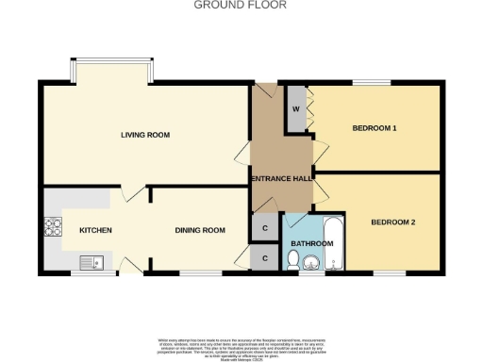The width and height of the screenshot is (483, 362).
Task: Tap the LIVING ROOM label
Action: click(145, 135)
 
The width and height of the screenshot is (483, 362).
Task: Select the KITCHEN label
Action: click(95, 230)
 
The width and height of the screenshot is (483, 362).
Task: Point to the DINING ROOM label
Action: click(200, 230)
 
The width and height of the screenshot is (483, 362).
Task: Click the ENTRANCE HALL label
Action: click(282, 179)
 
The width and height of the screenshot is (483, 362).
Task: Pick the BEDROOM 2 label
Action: click(392, 222)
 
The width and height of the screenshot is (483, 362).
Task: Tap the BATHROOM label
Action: click(311, 243)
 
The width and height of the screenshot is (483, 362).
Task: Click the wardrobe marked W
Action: click(295, 108)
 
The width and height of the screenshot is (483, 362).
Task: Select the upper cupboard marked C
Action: click(265, 228)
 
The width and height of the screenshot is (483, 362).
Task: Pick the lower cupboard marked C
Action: click(265, 257)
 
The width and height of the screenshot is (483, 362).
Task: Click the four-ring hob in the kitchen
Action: click(51, 227)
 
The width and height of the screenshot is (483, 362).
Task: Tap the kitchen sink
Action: click(92, 263)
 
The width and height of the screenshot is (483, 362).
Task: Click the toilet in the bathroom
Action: click(294, 267)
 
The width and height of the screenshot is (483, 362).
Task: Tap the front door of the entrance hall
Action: click(263, 91)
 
